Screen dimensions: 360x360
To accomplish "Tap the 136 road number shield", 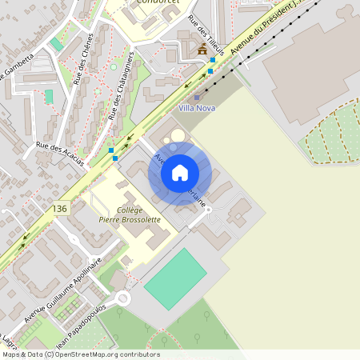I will [x=58, y=208].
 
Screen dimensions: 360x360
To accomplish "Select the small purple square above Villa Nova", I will [x=198, y=97].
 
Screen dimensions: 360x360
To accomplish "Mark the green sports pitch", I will [x=175, y=278].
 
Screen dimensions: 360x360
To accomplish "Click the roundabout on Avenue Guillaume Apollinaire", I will [x=122, y=298].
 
